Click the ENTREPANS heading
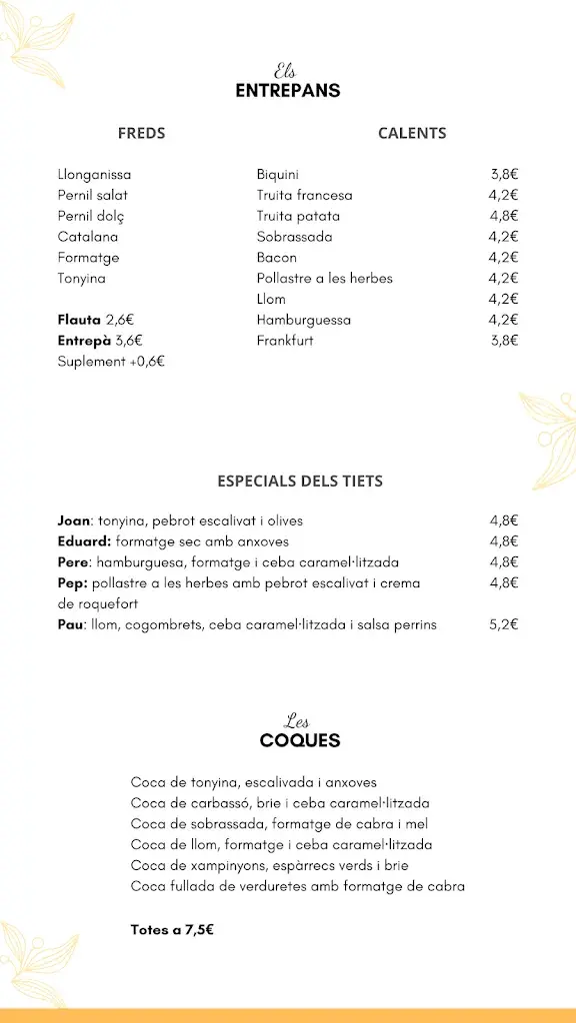[x=288, y=91]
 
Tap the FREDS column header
[x=141, y=133]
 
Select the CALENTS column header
[x=412, y=133]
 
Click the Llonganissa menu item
[x=94, y=175]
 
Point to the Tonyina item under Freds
[x=81, y=279]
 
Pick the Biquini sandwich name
[x=277, y=175]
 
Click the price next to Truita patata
[x=503, y=216]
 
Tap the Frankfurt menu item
[x=284, y=341]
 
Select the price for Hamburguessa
[x=503, y=320]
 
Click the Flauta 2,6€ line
[x=95, y=320]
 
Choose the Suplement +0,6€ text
[x=110, y=362]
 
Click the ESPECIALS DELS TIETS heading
[x=300, y=481]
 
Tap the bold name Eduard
[x=84, y=541]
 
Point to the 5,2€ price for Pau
[x=503, y=625]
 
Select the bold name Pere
[x=74, y=562]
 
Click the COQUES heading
[x=300, y=741]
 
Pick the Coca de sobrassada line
[x=279, y=824]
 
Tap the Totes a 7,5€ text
[x=172, y=929]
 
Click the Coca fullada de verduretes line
[x=297, y=886]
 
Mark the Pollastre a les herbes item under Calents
[x=324, y=279]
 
